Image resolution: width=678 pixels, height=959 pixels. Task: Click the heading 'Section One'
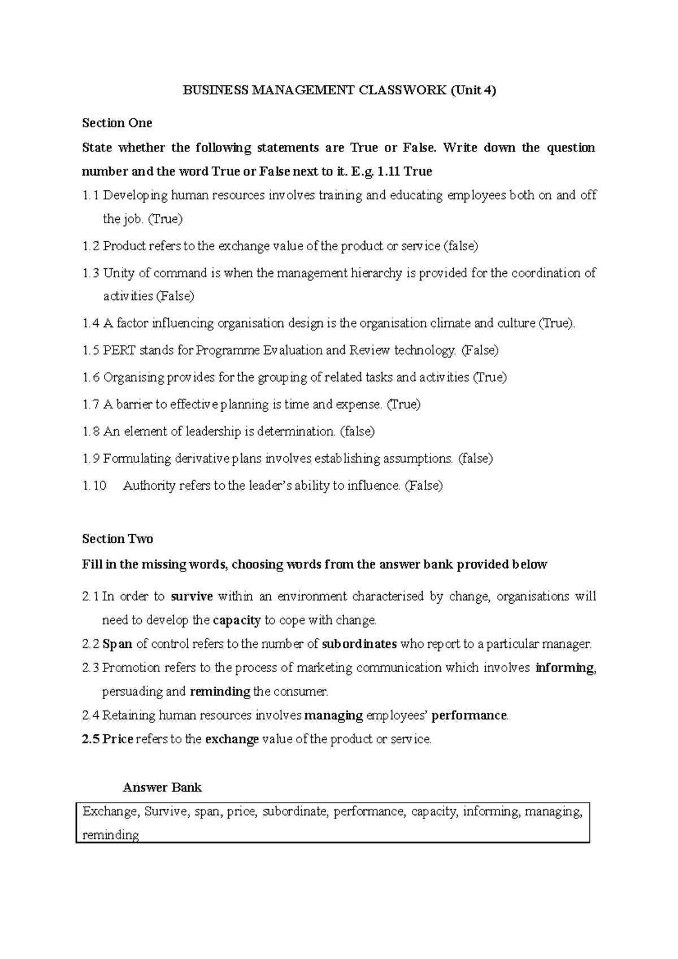point(117,123)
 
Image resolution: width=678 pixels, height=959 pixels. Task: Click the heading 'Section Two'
point(118,539)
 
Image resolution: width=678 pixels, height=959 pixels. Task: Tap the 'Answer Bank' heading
point(162,787)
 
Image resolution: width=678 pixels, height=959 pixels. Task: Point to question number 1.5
point(90,350)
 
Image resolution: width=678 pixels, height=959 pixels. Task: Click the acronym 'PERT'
point(120,350)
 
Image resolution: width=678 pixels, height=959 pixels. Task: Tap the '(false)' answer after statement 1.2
point(461,246)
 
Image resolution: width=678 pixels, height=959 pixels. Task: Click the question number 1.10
point(94,486)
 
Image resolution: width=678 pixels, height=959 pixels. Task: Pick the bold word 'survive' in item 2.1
point(192,596)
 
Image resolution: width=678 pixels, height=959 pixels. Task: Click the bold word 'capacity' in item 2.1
point(237,620)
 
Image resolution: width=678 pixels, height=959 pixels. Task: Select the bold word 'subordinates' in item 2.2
point(359,644)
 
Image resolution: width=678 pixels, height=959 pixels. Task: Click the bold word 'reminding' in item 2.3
point(220,691)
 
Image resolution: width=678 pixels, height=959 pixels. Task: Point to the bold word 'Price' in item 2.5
point(118,739)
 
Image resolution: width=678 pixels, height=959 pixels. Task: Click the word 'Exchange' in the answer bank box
point(110,812)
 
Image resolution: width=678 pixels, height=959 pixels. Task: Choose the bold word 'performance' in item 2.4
point(469,715)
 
